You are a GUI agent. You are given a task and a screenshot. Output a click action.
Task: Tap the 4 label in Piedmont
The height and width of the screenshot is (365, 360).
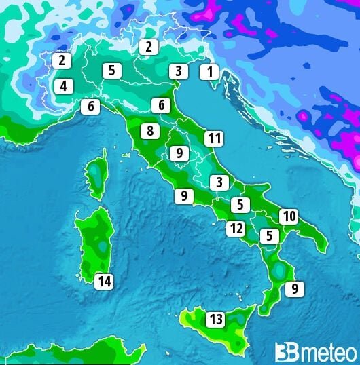pos(62,86)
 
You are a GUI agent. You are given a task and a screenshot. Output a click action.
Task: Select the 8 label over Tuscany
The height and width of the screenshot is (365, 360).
pos(149,131)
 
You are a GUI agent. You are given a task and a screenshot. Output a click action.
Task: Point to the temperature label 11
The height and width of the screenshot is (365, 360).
pos(214,138)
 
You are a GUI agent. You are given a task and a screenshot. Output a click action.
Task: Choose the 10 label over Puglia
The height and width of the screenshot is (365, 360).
pos(289,216)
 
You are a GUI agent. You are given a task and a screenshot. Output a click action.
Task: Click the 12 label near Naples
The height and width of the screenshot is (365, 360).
pos(236,228)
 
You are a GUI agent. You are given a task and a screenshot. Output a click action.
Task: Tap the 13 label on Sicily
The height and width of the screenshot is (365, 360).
pos(216,319)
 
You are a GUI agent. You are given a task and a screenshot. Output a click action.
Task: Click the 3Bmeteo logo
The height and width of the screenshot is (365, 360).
pos(315,351)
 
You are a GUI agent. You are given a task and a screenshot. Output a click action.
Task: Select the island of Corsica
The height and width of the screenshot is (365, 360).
pos(98,172)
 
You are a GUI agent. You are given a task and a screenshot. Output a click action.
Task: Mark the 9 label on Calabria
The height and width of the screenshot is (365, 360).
pos(294,289)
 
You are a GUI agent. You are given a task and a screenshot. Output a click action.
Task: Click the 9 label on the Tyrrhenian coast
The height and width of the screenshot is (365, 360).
pos(183,196)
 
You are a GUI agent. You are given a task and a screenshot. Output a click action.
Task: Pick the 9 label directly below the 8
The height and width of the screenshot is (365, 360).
pos(179,153)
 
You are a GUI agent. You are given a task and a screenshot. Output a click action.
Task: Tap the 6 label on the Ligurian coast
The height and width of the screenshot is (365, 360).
pos(90,107)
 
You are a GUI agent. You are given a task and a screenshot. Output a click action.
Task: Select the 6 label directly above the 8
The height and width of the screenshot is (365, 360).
pos(161,105)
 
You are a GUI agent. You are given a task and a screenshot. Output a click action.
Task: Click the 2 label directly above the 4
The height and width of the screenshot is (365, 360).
pos(61,60)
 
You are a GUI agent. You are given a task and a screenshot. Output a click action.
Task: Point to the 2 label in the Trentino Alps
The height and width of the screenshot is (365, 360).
pos(148,47)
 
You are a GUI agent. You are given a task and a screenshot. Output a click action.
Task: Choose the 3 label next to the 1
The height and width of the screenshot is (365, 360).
pos(178,71)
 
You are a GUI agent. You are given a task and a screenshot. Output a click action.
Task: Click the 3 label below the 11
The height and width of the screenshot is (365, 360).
pos(219,182)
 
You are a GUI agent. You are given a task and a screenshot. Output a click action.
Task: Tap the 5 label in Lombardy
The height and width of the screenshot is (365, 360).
pos(112,69)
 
